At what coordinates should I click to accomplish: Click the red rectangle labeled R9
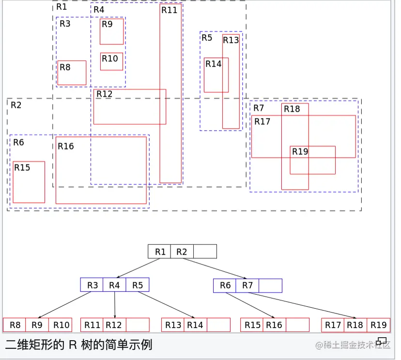tap(112, 32)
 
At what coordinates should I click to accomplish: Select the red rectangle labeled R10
tap(112, 62)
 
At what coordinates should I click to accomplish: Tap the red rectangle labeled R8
tap(72, 73)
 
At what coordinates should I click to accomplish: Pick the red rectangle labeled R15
tap(29, 182)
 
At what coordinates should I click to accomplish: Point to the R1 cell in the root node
tap(160, 252)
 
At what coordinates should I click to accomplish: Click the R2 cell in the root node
tap(182, 252)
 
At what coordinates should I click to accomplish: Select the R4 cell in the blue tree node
tap(114, 285)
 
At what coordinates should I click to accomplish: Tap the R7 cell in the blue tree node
tap(247, 285)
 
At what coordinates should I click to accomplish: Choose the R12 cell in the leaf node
tap(114, 325)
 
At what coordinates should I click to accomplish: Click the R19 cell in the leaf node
tap(378, 325)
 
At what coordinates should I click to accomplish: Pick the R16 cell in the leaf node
tap(274, 325)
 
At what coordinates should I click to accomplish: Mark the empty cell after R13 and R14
tap(219, 325)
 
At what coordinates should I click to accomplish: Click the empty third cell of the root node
tap(205, 252)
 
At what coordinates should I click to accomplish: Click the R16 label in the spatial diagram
tap(66, 146)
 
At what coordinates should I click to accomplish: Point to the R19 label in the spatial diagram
tap(300, 151)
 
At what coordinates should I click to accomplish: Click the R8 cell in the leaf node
tap(15, 325)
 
